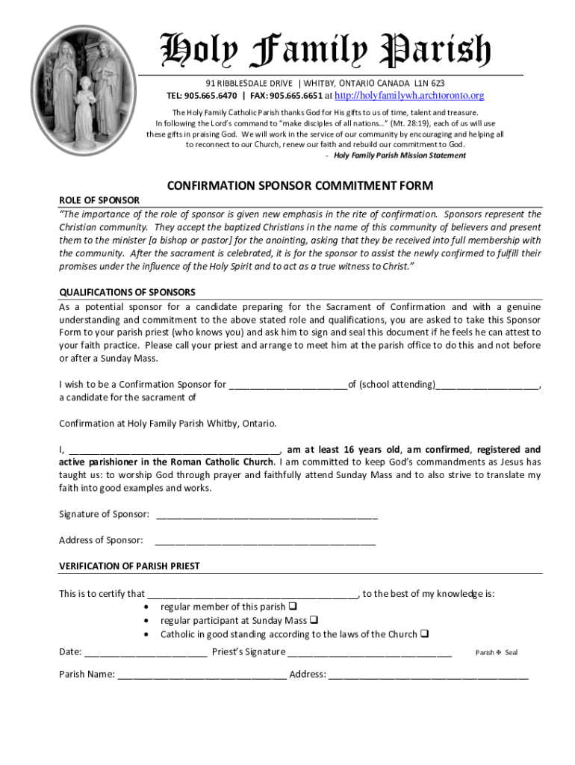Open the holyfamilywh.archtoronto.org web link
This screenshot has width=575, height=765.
(408, 96)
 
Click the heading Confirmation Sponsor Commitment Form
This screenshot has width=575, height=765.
(299, 185)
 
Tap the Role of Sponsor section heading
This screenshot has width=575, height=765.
(99, 200)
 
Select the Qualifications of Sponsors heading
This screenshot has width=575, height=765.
(127, 292)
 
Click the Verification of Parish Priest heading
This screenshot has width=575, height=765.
(129, 566)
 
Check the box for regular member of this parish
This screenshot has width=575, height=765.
(293, 607)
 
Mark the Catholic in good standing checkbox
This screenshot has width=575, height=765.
(425, 634)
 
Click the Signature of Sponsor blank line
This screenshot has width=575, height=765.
(267, 515)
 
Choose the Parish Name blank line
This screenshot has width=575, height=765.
(202, 676)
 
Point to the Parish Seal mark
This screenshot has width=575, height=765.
(497, 653)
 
